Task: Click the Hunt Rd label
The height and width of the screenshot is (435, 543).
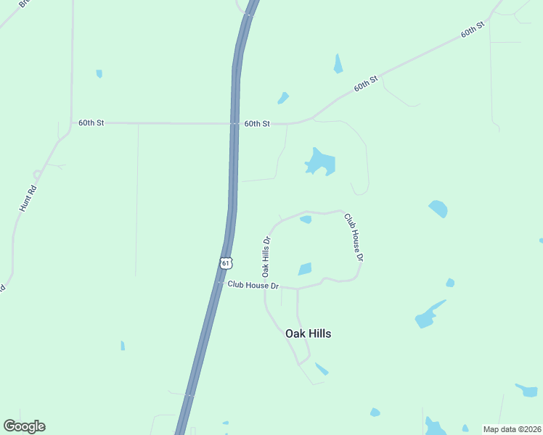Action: coord(28,198)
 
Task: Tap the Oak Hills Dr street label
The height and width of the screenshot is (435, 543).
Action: coord(266,257)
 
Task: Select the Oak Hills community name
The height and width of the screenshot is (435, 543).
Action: coord(308,333)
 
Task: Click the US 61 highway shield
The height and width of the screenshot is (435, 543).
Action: coord(226,262)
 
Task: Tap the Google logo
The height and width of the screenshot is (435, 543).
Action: coord(24,426)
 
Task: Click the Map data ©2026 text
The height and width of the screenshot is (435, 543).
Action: coord(512,429)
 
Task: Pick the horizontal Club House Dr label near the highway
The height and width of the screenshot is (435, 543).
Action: coord(253,286)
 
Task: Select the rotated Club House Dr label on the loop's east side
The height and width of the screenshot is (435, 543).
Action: coord(354,236)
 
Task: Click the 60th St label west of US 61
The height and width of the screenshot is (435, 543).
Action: coord(91,123)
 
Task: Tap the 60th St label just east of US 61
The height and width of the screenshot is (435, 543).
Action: coord(257,124)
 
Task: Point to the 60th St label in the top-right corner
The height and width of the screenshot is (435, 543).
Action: coord(472,30)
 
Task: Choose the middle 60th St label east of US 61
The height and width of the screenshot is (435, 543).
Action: coord(366,83)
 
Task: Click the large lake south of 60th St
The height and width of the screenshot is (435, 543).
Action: coord(319,162)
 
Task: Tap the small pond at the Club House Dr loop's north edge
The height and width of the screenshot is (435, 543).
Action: coord(306,219)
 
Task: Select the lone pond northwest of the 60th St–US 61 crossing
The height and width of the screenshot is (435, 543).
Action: coord(99,73)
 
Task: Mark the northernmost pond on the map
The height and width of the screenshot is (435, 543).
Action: coord(338,64)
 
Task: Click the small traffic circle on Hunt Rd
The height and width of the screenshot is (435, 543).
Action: coord(36,175)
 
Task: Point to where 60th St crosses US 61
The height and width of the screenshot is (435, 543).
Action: coord(234,124)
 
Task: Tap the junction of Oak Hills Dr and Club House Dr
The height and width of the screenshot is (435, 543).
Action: coord(265,286)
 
